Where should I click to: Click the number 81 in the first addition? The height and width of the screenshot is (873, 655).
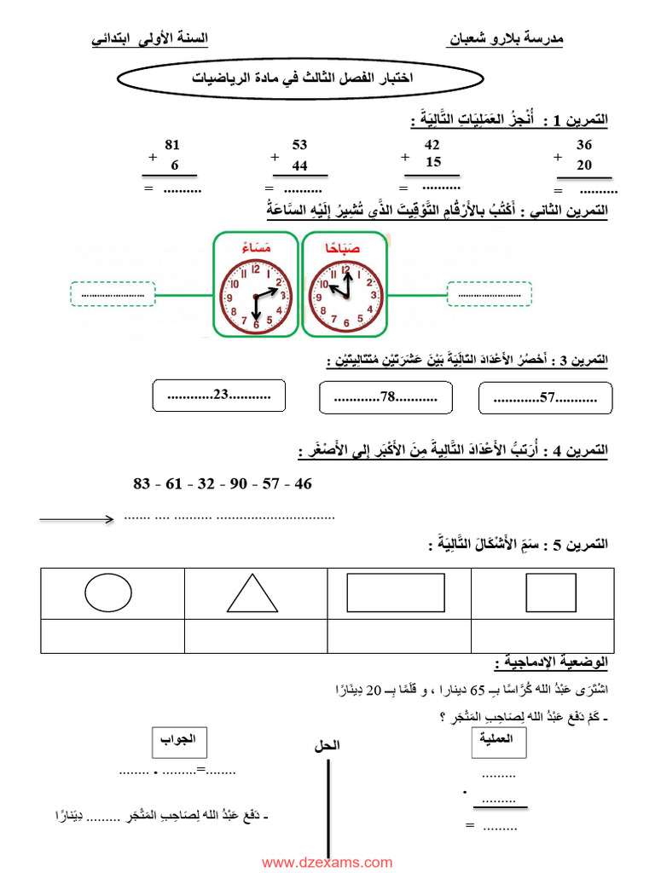[172, 145]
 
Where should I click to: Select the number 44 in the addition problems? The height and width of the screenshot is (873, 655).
[299, 165]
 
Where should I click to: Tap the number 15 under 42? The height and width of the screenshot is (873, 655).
[433, 163]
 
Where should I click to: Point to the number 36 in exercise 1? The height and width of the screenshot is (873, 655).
[584, 145]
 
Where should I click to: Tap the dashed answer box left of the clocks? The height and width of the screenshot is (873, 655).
[112, 295]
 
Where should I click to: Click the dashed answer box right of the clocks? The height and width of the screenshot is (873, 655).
[490, 294]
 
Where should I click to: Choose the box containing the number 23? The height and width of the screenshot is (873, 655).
[218, 396]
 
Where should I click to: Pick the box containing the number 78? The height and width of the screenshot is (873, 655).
[385, 397]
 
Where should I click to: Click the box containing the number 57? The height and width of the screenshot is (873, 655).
[546, 397]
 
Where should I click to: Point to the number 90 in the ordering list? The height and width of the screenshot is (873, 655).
[238, 484]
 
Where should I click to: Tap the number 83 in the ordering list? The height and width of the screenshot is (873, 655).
[142, 484]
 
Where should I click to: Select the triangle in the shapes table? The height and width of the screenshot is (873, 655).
[252, 593]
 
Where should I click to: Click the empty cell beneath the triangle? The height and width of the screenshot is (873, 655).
[252, 636]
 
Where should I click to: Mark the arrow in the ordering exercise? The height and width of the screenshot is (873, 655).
[77, 518]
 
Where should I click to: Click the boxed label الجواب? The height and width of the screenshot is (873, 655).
[180, 740]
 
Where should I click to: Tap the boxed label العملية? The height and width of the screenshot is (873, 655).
[499, 742]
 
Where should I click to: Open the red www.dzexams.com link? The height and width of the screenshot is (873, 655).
[327, 862]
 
